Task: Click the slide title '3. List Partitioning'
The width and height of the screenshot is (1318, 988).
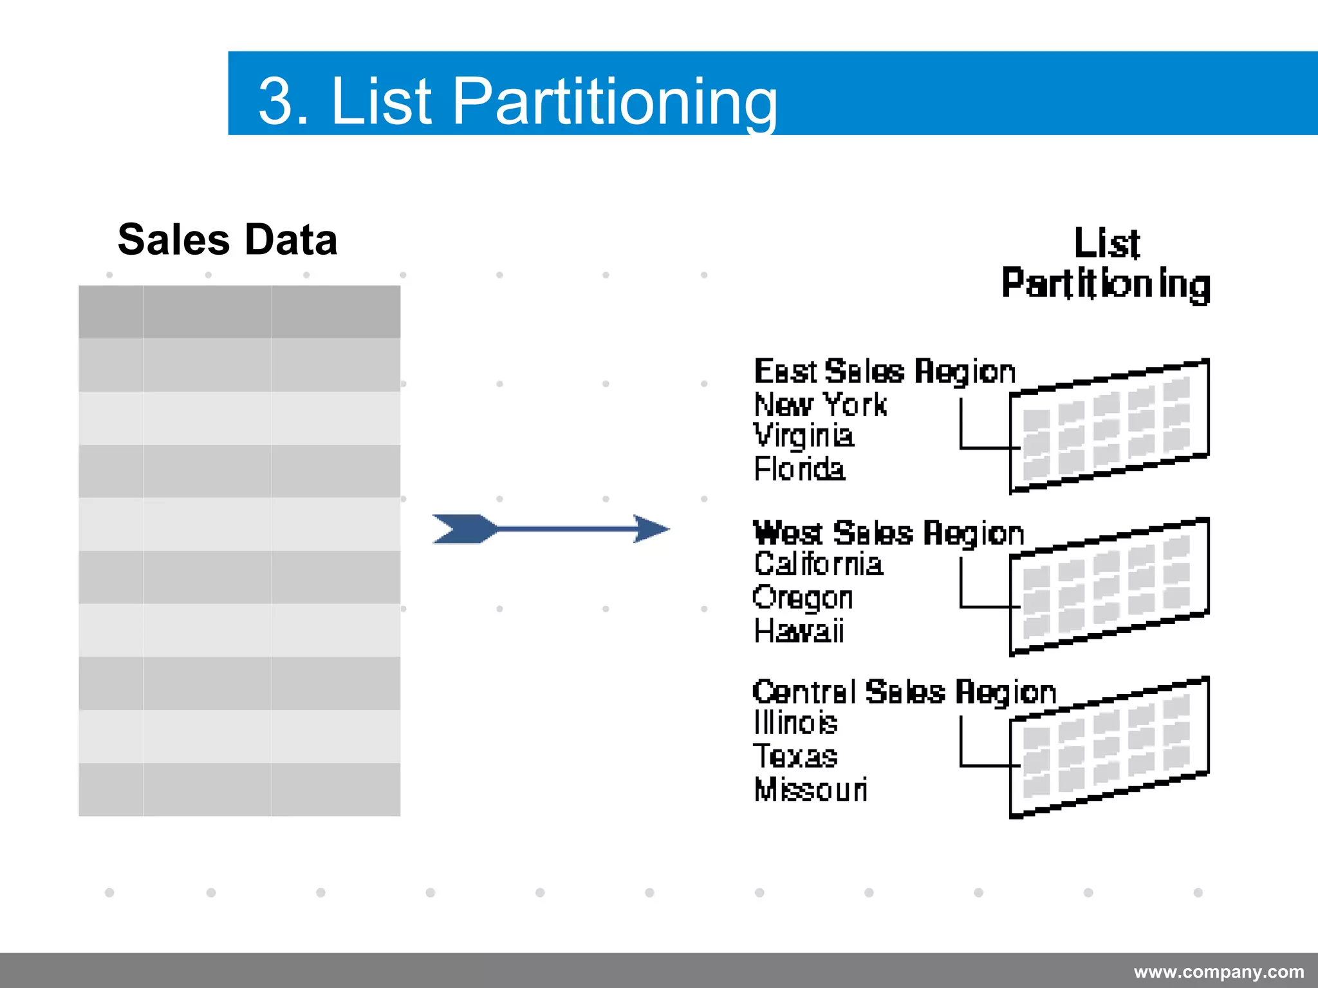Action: click(x=517, y=100)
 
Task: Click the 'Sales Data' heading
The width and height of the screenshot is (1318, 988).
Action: click(x=227, y=239)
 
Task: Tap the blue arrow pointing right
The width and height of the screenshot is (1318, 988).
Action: click(x=551, y=529)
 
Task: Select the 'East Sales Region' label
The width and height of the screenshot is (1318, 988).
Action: click(x=884, y=372)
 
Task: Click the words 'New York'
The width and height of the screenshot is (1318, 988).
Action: click(x=820, y=405)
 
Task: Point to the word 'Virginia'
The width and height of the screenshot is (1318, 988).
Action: click(x=803, y=436)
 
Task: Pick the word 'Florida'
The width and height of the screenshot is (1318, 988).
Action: click(x=799, y=469)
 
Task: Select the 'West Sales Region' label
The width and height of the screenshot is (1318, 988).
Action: click(x=888, y=533)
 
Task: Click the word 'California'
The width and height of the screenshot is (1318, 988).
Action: click(x=818, y=564)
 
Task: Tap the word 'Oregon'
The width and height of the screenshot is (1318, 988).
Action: click(x=803, y=598)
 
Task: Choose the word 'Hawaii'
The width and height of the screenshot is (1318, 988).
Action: click(x=798, y=631)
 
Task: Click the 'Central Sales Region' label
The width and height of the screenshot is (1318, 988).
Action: click(x=904, y=692)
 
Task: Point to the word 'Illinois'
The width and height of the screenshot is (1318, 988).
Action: click(x=795, y=723)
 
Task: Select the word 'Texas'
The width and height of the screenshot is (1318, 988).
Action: click(x=795, y=756)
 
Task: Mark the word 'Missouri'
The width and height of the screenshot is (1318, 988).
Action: click(x=810, y=789)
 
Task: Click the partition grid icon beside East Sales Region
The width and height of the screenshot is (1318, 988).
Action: click(x=1109, y=426)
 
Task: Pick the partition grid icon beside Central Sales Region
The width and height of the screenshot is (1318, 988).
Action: click(x=1109, y=747)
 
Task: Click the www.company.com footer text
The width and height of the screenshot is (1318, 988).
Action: click(x=1218, y=971)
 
